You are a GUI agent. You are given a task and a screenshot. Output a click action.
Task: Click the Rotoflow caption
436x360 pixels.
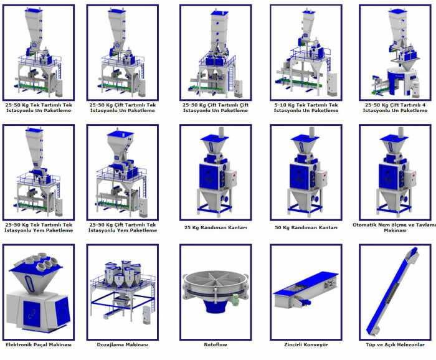216,344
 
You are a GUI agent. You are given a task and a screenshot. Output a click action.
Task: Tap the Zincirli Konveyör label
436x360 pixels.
306,344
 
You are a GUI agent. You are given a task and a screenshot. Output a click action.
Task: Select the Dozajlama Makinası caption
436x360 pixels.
123,344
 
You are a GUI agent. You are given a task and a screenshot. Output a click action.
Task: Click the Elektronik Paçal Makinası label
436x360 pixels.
39,344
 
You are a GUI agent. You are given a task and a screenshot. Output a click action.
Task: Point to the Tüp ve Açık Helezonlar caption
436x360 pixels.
395,344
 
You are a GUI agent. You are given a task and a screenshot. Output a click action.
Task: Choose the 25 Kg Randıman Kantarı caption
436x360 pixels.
216,227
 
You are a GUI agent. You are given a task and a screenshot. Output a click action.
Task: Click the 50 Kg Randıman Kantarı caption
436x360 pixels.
306,227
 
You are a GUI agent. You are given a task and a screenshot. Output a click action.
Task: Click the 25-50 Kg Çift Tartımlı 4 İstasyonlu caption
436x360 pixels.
395,108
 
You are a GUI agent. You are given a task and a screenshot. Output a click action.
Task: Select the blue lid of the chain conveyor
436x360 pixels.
305,282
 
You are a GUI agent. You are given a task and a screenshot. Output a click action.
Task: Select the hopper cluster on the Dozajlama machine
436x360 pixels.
122,274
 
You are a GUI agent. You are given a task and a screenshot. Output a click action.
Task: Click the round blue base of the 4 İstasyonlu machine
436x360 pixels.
401,80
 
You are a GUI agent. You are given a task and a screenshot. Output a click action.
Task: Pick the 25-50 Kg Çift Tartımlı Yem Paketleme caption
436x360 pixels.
123,227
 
